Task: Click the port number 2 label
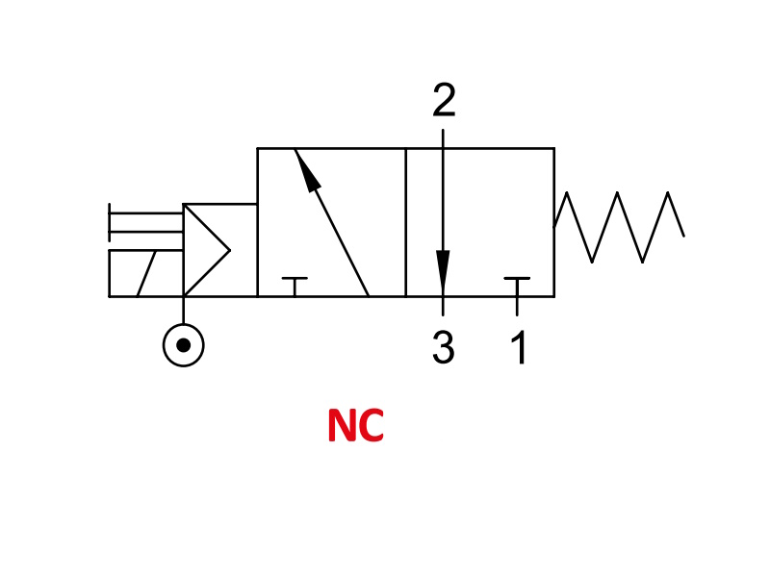(444, 100)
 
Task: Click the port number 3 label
(444, 347)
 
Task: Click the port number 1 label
(519, 347)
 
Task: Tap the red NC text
(355, 425)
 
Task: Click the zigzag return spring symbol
(619, 227)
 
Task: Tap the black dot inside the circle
(183, 345)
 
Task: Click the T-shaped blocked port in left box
(295, 287)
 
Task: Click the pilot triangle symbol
(206, 250)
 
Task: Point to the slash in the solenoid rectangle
(146, 273)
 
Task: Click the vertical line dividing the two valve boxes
(406, 222)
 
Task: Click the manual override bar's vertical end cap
(109, 222)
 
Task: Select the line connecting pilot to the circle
(183, 310)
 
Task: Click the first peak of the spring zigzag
(567, 193)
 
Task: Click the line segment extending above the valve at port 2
(443, 138)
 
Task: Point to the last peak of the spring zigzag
(668, 193)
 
